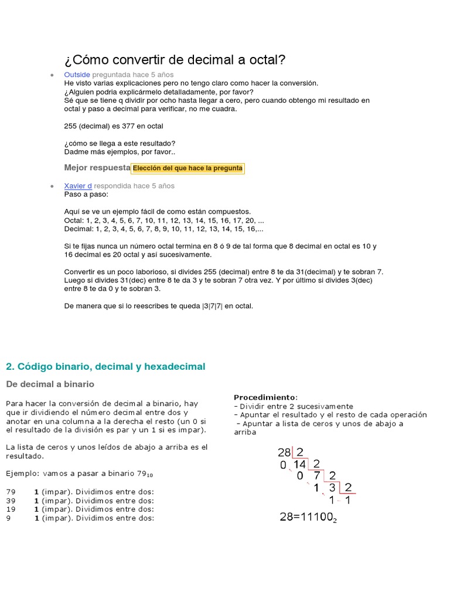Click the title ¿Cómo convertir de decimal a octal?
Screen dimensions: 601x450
pyautogui.click(x=175, y=60)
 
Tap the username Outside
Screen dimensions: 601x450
pyautogui.click(x=77, y=75)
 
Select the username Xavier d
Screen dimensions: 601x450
pyautogui.click(x=78, y=186)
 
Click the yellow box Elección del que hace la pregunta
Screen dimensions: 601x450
pyautogui.click(x=187, y=168)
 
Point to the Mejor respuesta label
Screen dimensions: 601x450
pyautogui.click(x=97, y=168)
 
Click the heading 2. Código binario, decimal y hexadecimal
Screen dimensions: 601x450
pyautogui.click(x=105, y=367)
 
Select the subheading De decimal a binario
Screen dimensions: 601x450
pyautogui.click(x=50, y=384)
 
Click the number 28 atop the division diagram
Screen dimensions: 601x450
pyautogui.click(x=284, y=453)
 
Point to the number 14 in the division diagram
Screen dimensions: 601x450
pyautogui.click(x=300, y=464)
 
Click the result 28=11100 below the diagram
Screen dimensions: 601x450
pyautogui.click(x=307, y=517)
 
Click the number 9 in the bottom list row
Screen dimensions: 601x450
pyautogui.click(x=8, y=518)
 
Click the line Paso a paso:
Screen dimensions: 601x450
pyautogui.click(x=86, y=194)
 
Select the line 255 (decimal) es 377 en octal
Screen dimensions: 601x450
pyautogui.click(x=114, y=126)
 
